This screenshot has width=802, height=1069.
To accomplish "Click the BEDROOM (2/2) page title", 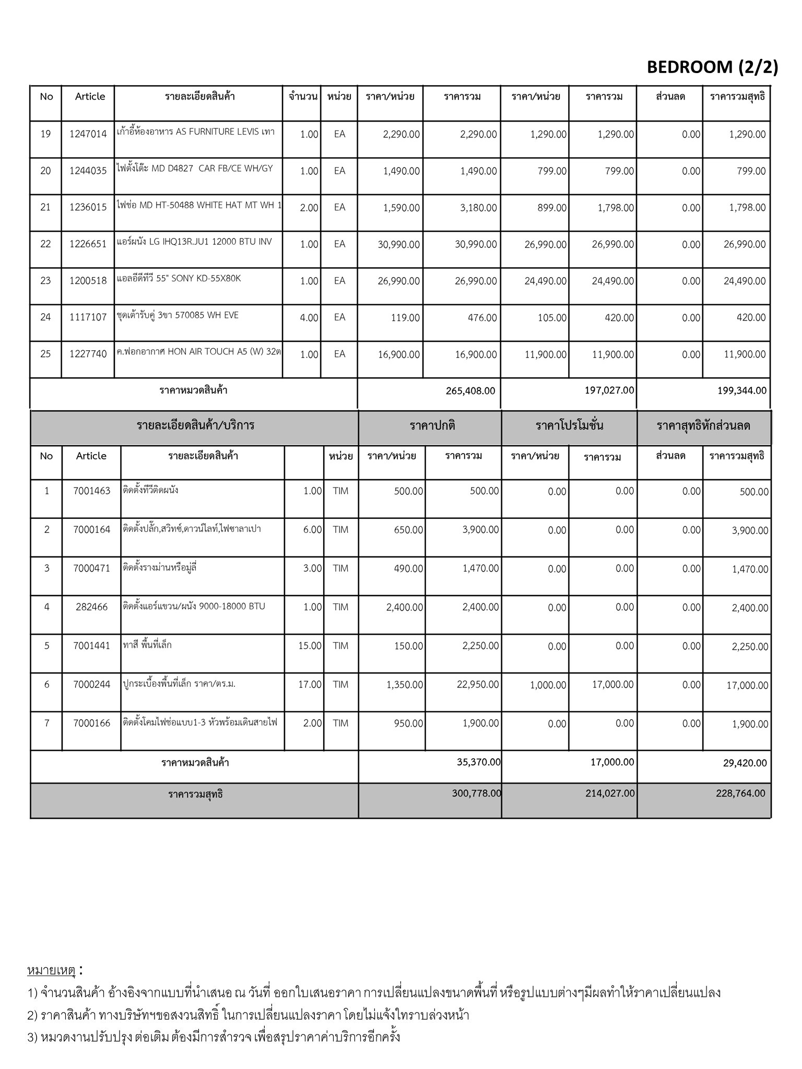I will [712, 67].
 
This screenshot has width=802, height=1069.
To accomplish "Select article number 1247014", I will [88, 134].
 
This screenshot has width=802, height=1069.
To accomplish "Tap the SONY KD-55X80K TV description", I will [179, 278].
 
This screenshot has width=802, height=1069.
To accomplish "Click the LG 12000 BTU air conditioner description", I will [194, 242].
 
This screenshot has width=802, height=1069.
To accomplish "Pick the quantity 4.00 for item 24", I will [309, 317].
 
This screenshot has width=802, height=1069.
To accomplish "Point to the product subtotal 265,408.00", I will [470, 390].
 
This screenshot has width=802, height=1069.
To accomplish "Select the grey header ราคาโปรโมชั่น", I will [569, 425].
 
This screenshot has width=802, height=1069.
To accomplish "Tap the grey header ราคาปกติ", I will [432, 425].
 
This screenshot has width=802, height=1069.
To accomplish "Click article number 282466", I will [91, 607].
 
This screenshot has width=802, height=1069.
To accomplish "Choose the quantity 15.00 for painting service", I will [310, 646].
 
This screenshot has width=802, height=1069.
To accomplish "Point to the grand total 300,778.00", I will [476, 793].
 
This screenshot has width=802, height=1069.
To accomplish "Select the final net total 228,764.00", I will [740, 793].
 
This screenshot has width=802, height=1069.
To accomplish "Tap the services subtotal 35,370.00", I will [478, 762].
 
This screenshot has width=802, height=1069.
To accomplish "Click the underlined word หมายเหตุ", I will [51, 970].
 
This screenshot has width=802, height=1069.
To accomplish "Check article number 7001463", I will [92, 491].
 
